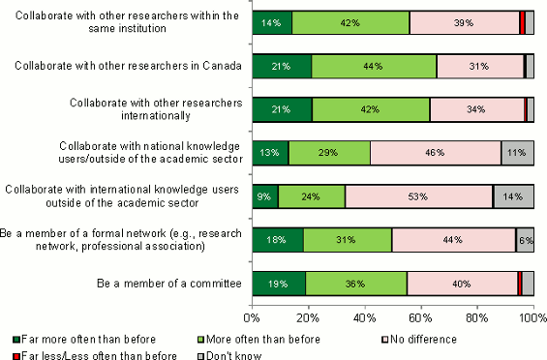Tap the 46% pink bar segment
click(435, 153)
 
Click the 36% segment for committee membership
click(356, 283)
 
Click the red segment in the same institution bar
click(523, 22)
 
